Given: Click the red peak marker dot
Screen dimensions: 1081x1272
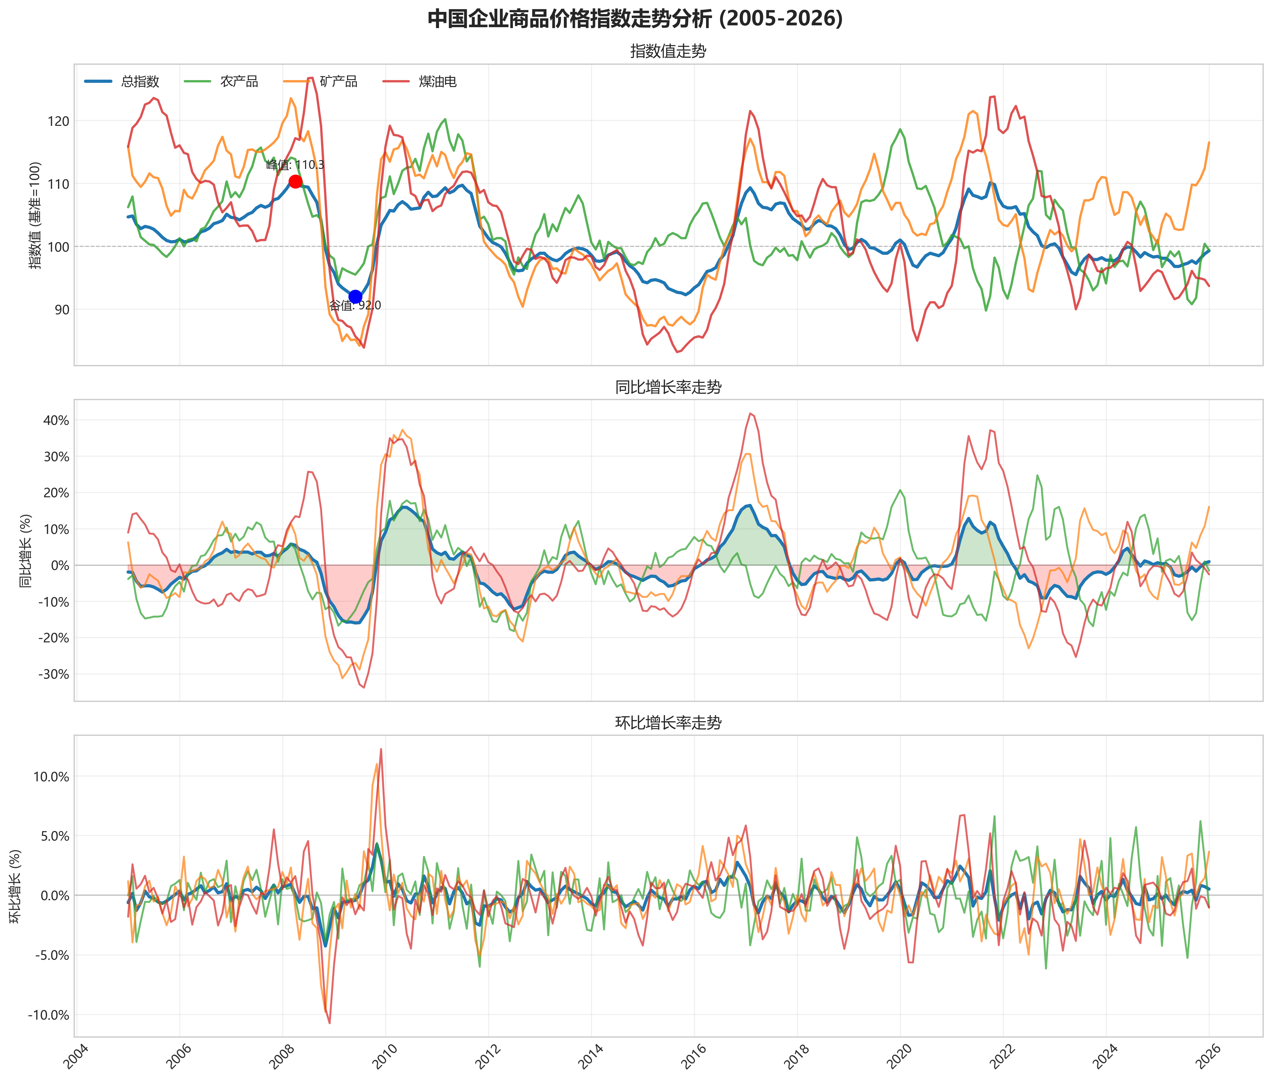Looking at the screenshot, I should point(295,181).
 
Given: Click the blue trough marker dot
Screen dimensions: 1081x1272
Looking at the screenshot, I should point(355,297).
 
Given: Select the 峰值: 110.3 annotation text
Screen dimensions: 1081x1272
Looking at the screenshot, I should point(295,165).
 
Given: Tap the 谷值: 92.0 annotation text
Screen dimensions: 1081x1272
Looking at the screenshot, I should point(355,305).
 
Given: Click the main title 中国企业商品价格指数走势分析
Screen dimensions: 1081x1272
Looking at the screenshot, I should point(635,18).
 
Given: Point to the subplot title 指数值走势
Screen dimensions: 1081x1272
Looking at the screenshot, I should point(668,52).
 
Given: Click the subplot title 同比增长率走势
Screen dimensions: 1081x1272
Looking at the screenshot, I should point(668,387).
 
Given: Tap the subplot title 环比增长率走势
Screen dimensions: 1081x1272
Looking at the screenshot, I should point(668,723).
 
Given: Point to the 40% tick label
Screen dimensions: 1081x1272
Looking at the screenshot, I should point(55,420).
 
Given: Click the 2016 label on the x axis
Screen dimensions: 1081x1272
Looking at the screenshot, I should point(691,1055).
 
